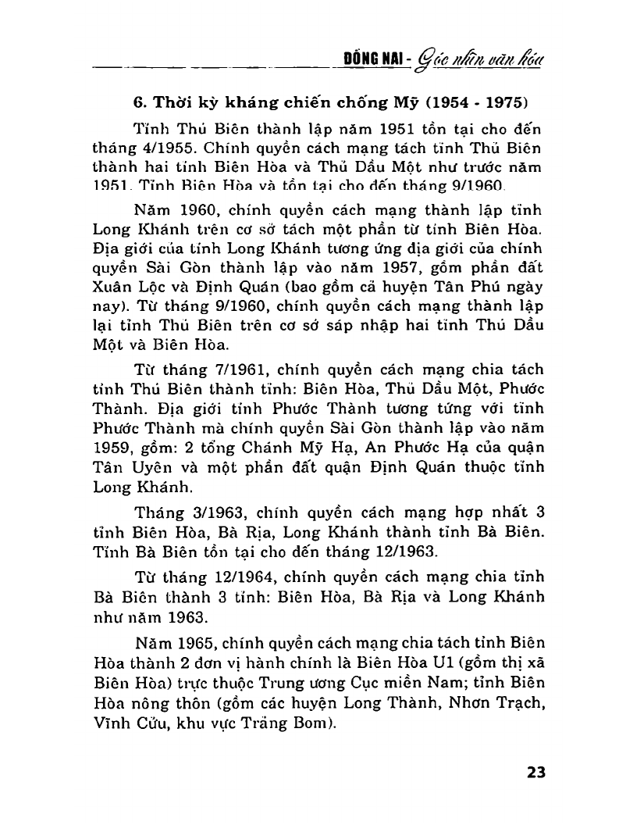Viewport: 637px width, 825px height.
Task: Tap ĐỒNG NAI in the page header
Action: (x=379, y=60)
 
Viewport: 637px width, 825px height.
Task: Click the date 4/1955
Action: (x=179, y=148)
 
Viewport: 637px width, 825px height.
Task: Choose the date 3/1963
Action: (x=190, y=512)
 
